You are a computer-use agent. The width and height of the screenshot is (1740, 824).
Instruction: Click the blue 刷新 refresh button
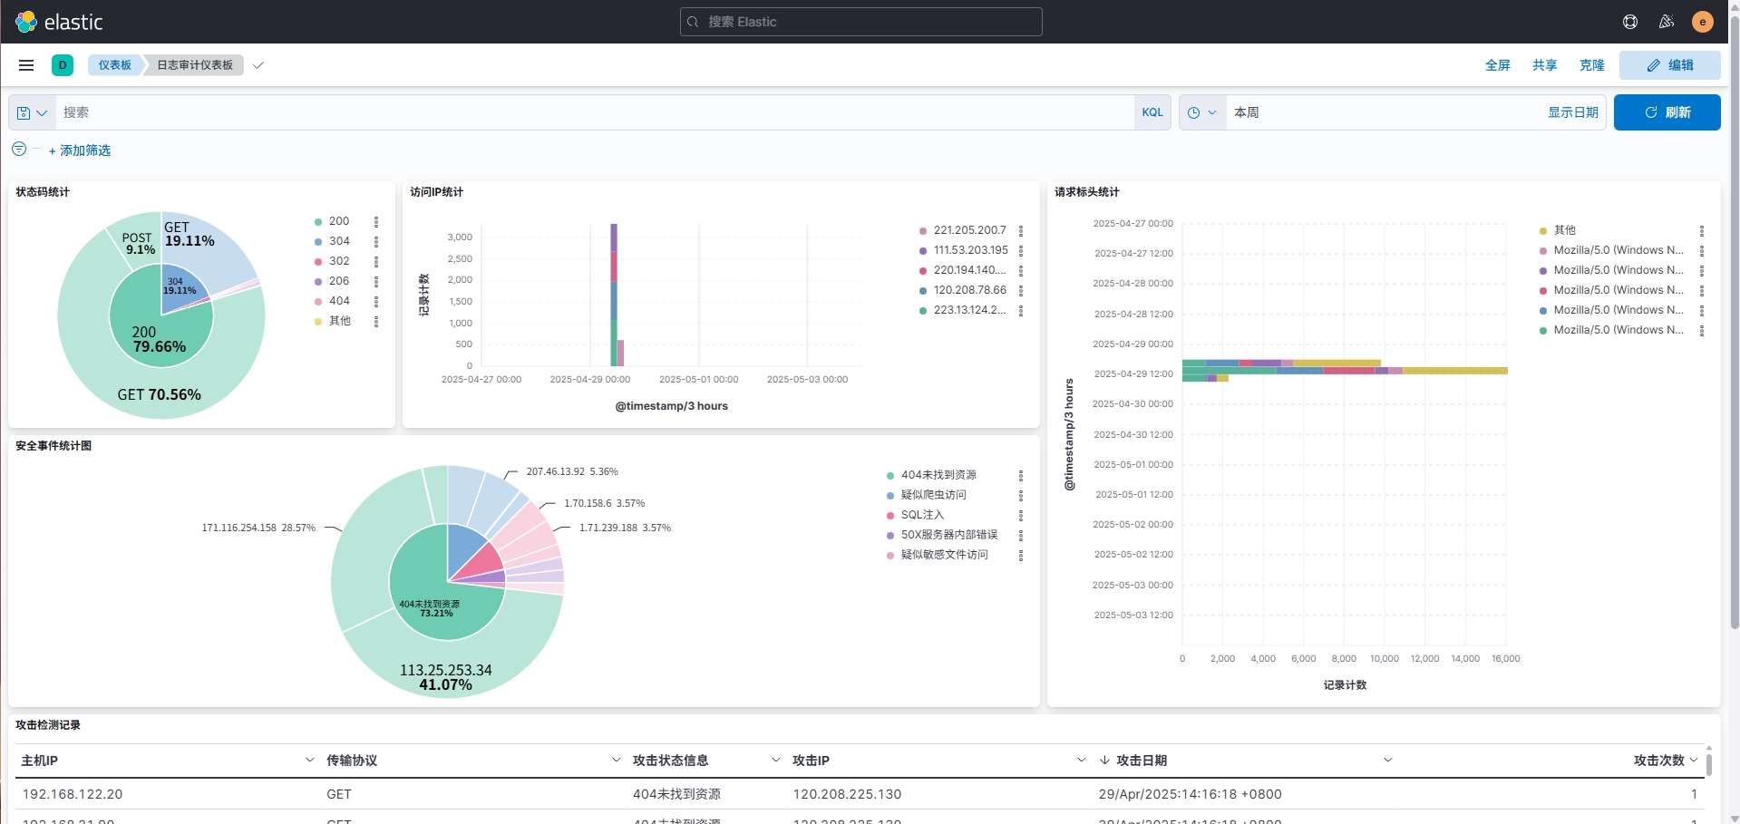click(x=1667, y=112)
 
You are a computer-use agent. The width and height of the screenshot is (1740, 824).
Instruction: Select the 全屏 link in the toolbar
click(x=1497, y=65)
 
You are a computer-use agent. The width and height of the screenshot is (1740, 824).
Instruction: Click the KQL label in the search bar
click(x=1152, y=112)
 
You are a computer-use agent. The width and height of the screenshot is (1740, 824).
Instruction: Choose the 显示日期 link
click(x=1572, y=112)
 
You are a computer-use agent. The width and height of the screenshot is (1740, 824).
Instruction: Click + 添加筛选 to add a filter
click(x=80, y=150)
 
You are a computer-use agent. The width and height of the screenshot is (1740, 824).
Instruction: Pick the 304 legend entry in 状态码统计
click(x=339, y=241)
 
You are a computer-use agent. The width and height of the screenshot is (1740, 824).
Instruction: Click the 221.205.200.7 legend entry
click(x=969, y=230)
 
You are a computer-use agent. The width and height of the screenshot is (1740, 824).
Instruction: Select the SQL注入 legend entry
click(x=922, y=515)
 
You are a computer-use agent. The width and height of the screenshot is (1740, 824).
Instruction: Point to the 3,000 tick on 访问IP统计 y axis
click(x=460, y=238)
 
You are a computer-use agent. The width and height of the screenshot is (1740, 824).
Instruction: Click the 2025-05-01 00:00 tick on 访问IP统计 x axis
click(x=698, y=380)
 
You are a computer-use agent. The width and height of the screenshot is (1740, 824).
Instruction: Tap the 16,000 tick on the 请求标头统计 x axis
click(x=1505, y=659)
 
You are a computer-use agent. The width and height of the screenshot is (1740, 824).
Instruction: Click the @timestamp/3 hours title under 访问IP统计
click(x=671, y=406)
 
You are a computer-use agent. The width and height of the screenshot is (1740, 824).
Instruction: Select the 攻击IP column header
click(x=811, y=761)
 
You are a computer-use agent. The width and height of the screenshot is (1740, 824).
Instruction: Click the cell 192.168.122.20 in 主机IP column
click(x=73, y=794)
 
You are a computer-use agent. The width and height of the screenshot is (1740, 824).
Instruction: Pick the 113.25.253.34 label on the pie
click(x=445, y=670)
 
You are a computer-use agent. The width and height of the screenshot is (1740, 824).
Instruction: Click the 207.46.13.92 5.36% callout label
click(x=571, y=471)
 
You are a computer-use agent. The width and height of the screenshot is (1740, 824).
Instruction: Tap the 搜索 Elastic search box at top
click(x=861, y=22)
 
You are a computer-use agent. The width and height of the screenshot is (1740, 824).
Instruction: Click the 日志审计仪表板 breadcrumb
click(x=195, y=65)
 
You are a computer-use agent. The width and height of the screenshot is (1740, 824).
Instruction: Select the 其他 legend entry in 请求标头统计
click(x=1564, y=230)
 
